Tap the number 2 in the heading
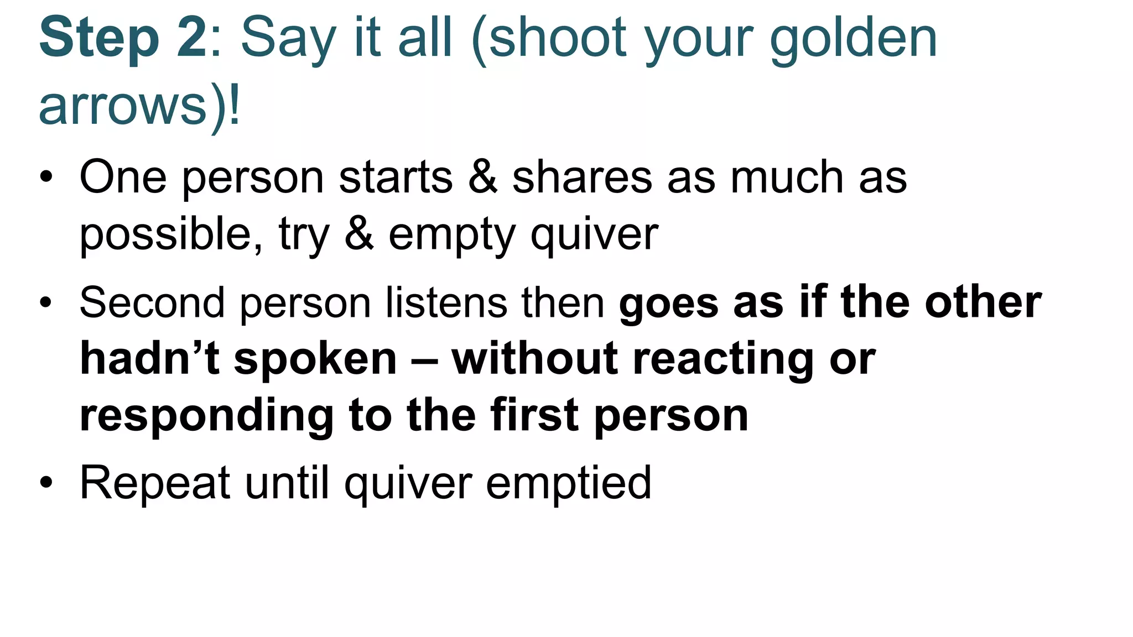191,38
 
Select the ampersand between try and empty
358,233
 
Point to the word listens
446,303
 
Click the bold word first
535,415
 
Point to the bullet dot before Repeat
46,482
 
